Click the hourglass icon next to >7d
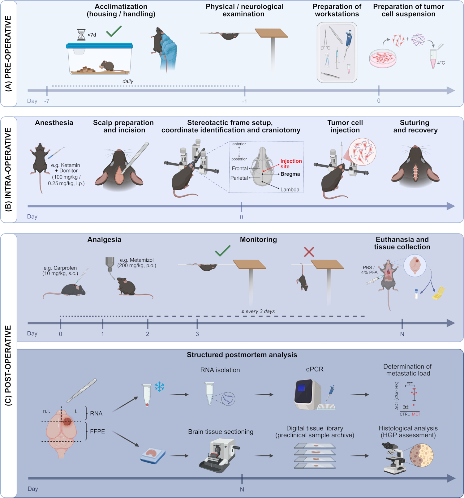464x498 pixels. click(81, 35)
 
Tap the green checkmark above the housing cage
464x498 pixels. click(114, 31)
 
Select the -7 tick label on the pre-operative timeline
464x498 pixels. click(47, 101)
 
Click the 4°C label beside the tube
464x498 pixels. click(441, 63)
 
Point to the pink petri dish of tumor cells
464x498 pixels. click(383, 58)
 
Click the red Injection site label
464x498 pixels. click(291, 164)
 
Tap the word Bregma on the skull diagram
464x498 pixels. click(290, 174)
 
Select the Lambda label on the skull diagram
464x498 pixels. click(290, 190)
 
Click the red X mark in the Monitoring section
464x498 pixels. click(309, 252)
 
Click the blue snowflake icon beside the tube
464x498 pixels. click(160, 387)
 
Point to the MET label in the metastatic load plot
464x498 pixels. click(416, 414)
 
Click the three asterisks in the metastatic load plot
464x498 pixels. click(410, 383)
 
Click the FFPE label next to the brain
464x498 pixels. click(97, 431)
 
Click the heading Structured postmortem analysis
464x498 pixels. click(242, 355)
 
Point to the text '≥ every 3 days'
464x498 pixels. click(258, 311)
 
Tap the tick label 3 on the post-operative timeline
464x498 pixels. click(197, 334)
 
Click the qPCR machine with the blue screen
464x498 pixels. click(308, 394)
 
